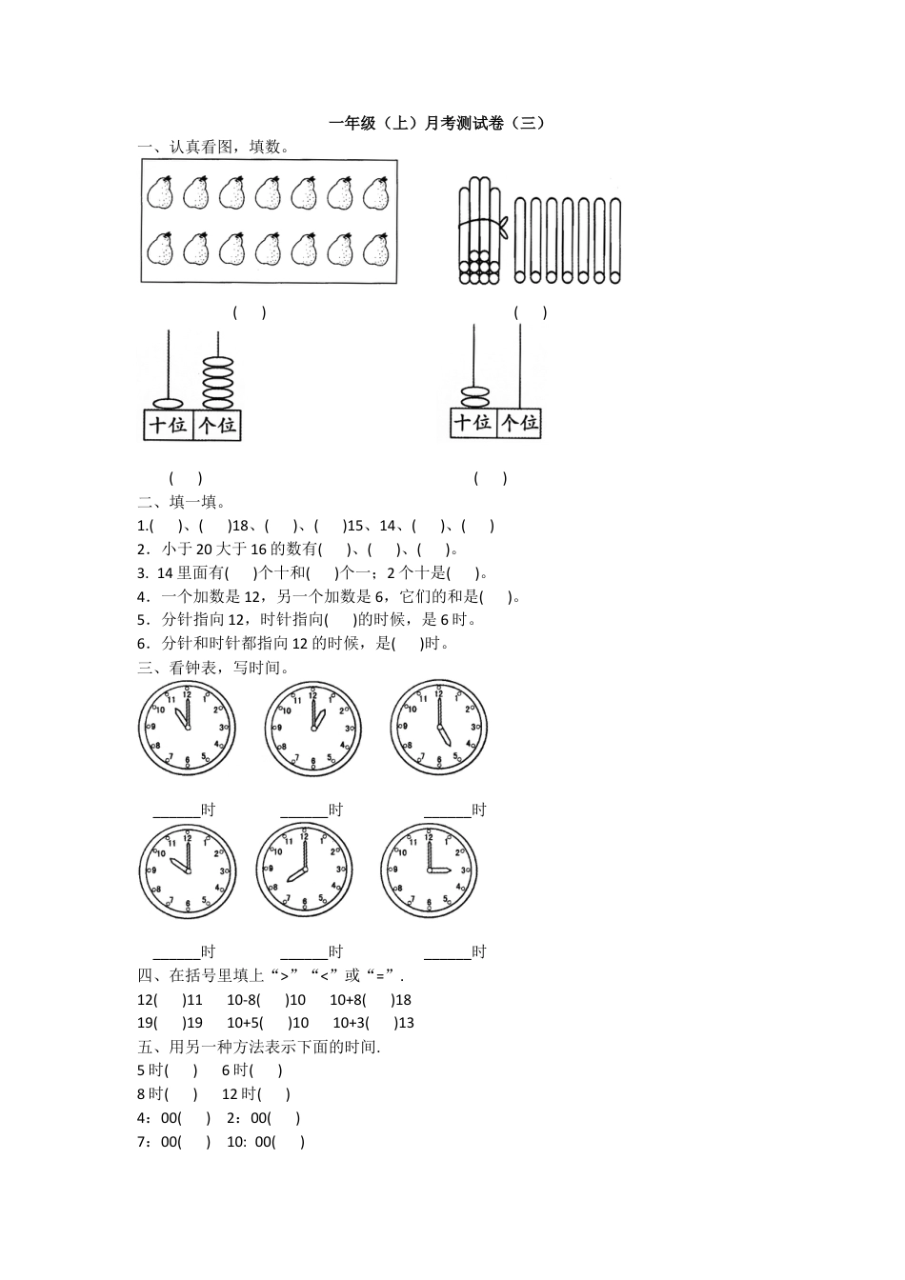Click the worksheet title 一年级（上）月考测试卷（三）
click(x=437, y=123)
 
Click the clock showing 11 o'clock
click(x=187, y=729)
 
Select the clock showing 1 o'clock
click(x=312, y=729)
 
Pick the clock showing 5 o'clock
click(x=438, y=728)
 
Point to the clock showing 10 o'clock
click(x=187, y=871)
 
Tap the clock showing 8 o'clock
click(x=304, y=870)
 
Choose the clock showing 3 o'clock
click(x=429, y=870)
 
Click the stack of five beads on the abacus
click(x=218, y=381)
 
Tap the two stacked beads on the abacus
click(x=473, y=397)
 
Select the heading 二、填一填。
click(x=181, y=502)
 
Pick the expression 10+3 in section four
click(x=350, y=1023)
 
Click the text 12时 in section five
click(x=239, y=1094)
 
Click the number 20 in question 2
click(x=206, y=549)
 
